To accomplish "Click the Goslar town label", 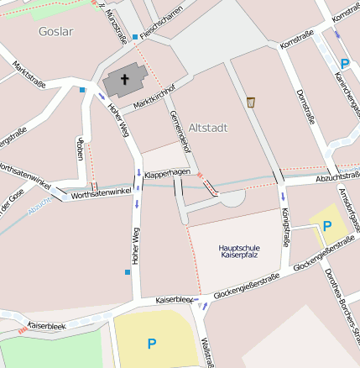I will point(55,31).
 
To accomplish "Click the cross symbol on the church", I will point(125,80).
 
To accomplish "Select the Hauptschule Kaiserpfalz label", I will point(239,251).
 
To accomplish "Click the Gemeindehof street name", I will point(180,132).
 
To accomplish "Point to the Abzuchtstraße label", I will point(337,177).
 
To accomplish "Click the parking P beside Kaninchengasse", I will point(345,63).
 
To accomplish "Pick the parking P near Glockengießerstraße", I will point(327,225).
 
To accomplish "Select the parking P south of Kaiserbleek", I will point(152,343).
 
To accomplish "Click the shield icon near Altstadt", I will point(250,103).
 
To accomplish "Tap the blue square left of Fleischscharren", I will point(134,37).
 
